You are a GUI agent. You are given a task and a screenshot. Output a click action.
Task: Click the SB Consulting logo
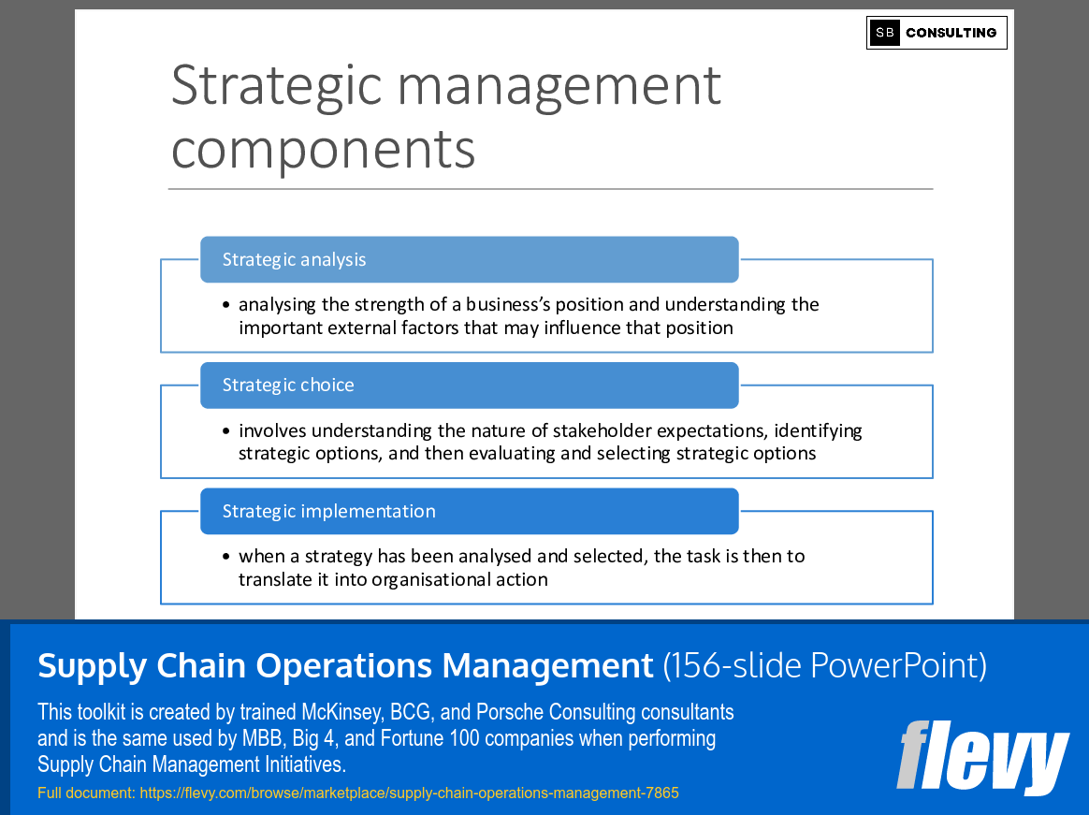pos(937,33)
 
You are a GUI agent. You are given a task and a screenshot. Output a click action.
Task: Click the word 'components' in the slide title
pos(323,149)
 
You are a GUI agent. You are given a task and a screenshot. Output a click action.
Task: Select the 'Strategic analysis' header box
pos(469,259)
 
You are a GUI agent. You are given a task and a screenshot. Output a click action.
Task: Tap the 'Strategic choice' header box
pos(469,386)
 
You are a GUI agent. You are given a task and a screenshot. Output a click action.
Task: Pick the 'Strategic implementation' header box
pos(469,511)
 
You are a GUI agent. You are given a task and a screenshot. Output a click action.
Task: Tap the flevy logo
pos(981,756)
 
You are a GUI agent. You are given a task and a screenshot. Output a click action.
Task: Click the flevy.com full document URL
pos(409,793)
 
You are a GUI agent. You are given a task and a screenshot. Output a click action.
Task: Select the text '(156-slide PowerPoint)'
pos(824,665)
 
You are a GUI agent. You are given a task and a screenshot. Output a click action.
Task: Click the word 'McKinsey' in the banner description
pos(340,712)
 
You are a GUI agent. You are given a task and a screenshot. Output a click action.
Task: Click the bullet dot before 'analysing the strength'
pos(226,305)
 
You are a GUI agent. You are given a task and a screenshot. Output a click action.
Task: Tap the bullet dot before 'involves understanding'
pos(226,431)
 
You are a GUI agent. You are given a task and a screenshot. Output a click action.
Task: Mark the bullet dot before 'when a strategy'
pos(226,557)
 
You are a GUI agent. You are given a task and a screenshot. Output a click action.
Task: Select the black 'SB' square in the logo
pos(884,33)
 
